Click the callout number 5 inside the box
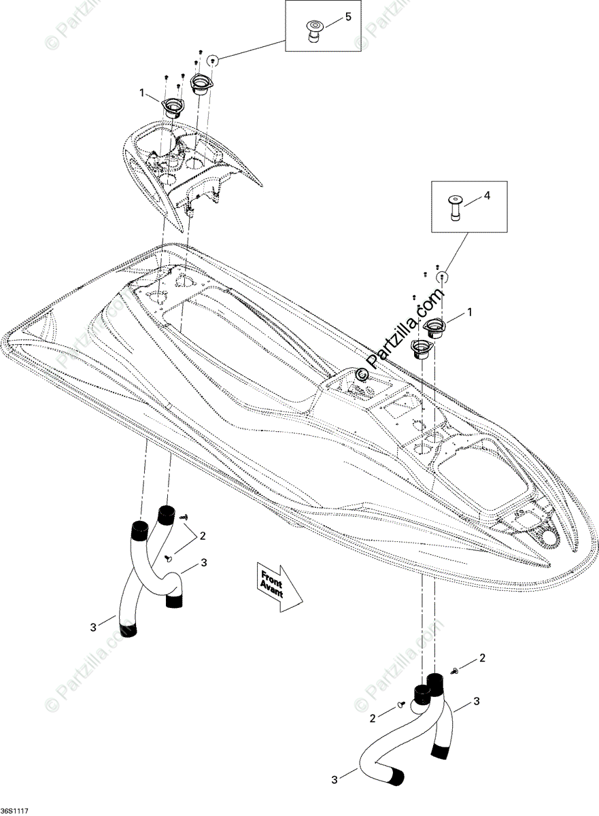click(348, 16)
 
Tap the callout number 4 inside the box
click(486, 196)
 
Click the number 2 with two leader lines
click(202, 535)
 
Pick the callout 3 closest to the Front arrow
click(203, 564)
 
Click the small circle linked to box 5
click(213, 59)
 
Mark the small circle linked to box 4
click(443, 275)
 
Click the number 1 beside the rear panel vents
click(143, 92)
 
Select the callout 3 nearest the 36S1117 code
click(93, 627)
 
